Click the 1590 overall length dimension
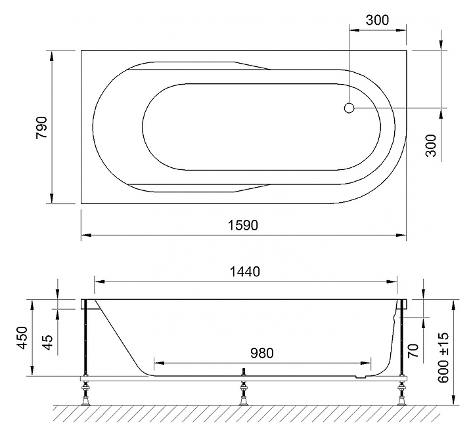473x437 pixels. tap(243, 225)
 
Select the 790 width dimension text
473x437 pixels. tap(41, 127)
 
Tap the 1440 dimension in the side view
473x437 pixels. tap(244, 272)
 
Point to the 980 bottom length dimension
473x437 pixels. tap(262, 353)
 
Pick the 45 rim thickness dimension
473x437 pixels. tap(48, 343)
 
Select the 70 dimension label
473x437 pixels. tap(414, 350)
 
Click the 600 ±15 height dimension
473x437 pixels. tap(443, 358)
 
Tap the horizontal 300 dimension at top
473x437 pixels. tap(377, 20)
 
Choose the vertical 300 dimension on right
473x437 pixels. tap(431, 146)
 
